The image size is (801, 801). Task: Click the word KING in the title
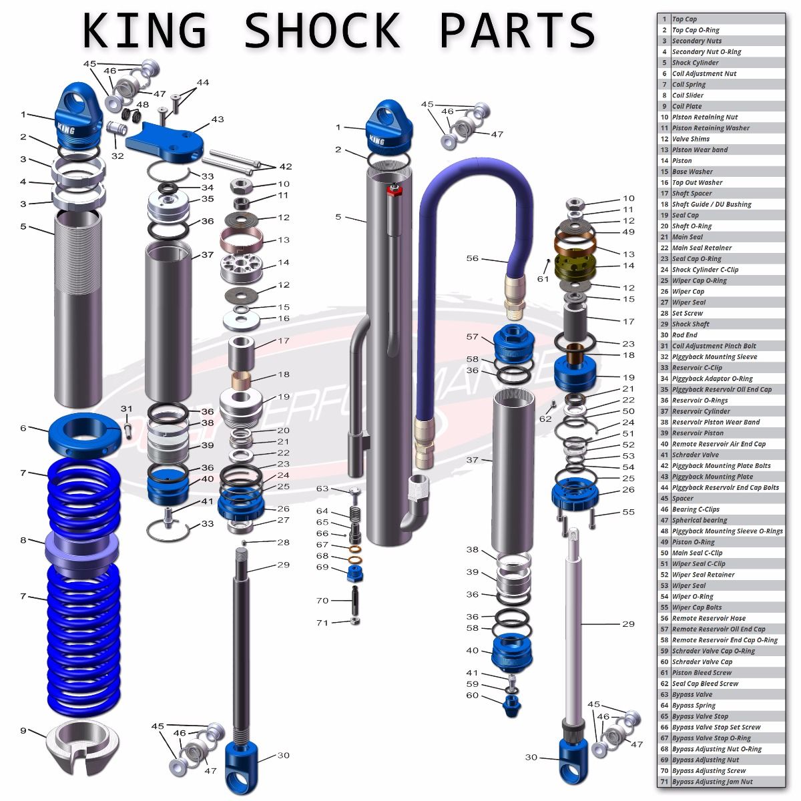tap(144, 30)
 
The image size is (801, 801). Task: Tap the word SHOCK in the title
tap(322, 30)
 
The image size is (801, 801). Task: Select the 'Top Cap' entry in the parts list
tap(684, 19)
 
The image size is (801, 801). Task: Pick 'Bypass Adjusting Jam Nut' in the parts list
tap(712, 782)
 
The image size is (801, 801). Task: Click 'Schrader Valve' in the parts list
tap(695, 455)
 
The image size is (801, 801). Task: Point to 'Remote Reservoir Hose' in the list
tap(708, 618)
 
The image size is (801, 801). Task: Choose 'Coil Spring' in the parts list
tap(688, 85)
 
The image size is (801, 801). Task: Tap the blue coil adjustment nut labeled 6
tap(84, 435)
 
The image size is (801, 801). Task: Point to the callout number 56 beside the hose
tap(473, 258)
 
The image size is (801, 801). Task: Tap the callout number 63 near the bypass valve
tap(322, 489)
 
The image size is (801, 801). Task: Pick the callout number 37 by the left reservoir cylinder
tap(207, 255)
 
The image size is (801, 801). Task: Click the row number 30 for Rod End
tap(664, 335)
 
